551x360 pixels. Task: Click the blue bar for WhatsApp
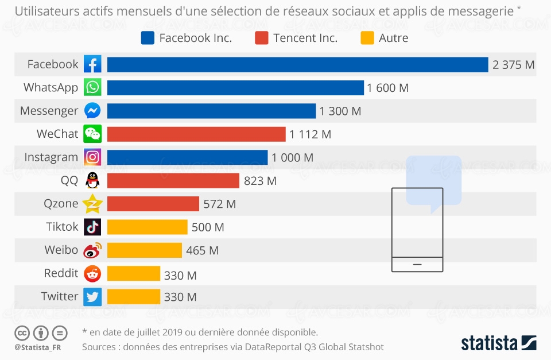(235, 88)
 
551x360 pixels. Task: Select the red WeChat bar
(196, 134)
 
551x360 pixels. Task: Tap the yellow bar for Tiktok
(148, 227)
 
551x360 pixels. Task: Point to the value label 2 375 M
(513, 65)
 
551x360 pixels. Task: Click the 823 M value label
(260, 181)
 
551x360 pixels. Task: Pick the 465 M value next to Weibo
(202, 250)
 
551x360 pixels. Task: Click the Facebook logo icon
(92, 64)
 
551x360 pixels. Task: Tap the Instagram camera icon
(92, 157)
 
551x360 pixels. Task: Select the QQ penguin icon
(92, 180)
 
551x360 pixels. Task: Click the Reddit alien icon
(92, 274)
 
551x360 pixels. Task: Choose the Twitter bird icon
(92, 297)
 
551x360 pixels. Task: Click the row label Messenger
(49, 111)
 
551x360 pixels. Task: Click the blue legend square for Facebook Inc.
(148, 38)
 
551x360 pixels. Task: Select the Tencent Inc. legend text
(305, 38)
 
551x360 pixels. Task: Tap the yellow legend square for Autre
(367, 38)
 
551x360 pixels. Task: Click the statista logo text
(489, 343)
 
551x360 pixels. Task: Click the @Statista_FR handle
(38, 347)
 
